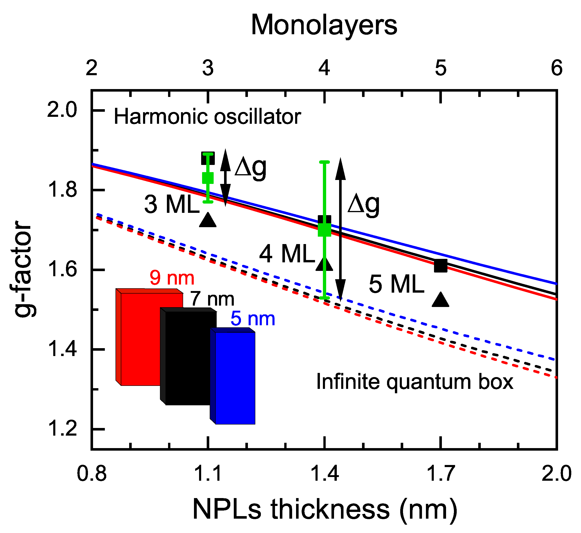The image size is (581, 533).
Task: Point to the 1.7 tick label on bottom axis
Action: tap(440, 474)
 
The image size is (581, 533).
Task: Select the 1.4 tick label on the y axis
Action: tap(62, 349)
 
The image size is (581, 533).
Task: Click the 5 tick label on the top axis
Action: tap(440, 68)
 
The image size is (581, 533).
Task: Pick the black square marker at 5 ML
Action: tap(440, 266)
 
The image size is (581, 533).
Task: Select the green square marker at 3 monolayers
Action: tap(208, 178)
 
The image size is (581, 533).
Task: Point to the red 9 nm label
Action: tap(172, 278)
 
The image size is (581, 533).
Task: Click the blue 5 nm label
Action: tap(253, 319)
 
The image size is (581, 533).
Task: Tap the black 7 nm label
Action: tap(212, 299)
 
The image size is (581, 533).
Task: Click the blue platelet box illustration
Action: tap(235, 378)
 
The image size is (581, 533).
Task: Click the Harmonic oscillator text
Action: tap(207, 117)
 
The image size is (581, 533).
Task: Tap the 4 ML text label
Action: tap(287, 254)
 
